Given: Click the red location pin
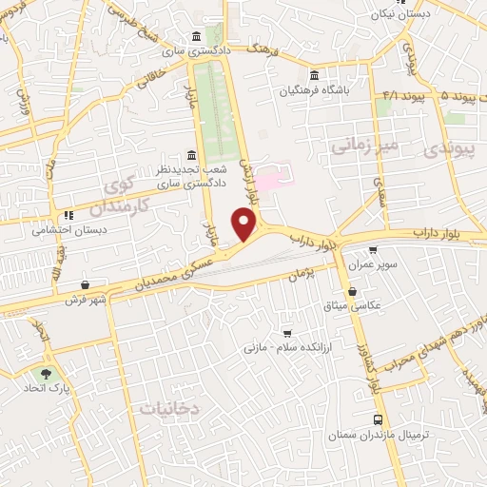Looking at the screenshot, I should pyautogui.click(x=245, y=225).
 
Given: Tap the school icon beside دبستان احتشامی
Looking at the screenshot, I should pyautogui.click(x=68, y=215).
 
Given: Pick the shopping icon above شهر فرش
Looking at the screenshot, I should pyautogui.click(x=87, y=284).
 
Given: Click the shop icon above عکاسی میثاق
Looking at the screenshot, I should pyautogui.click(x=353, y=292).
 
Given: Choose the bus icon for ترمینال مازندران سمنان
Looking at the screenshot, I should pyautogui.click(x=379, y=419).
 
